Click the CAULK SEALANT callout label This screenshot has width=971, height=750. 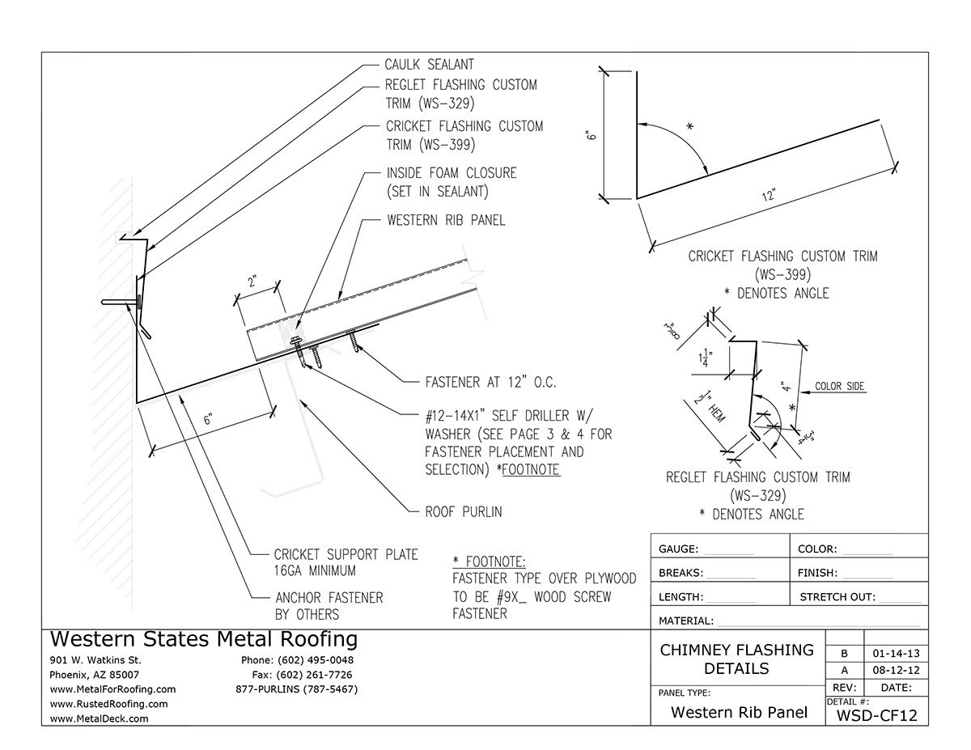click(430, 65)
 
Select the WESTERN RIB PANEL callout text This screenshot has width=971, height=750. click(445, 220)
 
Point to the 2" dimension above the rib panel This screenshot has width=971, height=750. click(254, 282)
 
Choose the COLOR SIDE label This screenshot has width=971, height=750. click(839, 387)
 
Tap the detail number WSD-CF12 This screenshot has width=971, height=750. click(876, 715)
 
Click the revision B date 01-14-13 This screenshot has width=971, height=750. click(895, 652)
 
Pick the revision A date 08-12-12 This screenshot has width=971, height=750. click(895, 670)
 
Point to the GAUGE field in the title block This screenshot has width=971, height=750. click(680, 549)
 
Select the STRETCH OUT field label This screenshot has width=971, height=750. click(837, 597)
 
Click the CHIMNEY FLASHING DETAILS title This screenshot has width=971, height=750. click(736, 659)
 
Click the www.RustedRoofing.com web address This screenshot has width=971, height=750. click(109, 704)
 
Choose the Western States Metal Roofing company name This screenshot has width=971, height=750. click(203, 639)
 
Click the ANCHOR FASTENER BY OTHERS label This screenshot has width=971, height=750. click(329, 605)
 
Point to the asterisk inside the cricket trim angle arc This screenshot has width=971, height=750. click(689, 127)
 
